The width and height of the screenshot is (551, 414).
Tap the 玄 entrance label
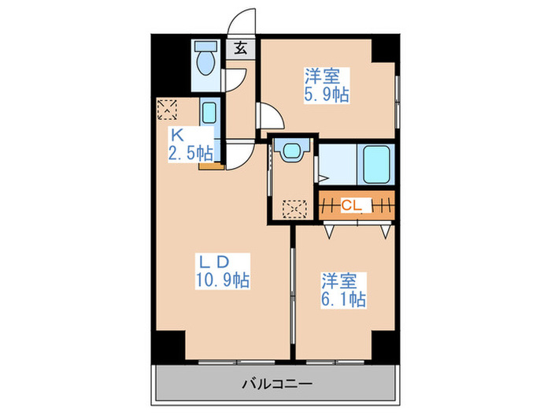coord(241,47)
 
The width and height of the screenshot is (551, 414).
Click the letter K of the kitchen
coord(178,134)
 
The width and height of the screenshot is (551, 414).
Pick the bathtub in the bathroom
coord(375,165)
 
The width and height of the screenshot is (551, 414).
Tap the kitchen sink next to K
coord(209,112)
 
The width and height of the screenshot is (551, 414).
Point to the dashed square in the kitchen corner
coord(167,108)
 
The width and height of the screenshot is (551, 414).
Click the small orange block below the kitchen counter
coord(207,165)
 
